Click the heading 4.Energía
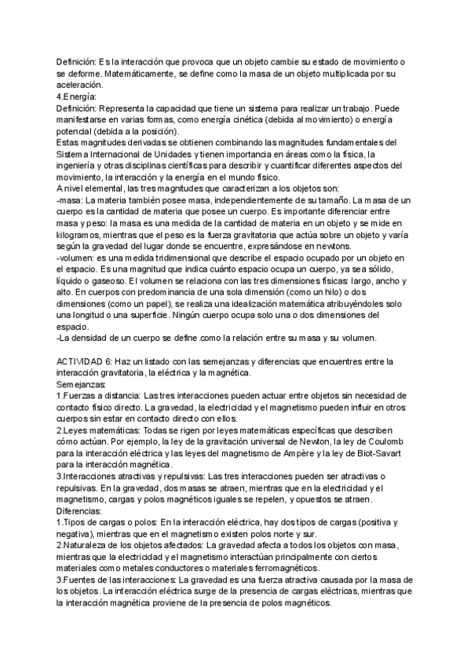point(76,96)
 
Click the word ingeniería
point(80,166)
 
